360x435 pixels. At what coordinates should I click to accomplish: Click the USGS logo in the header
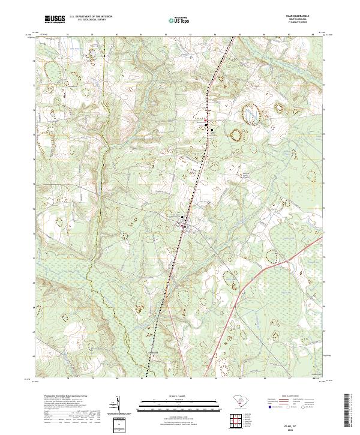tap(55, 20)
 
